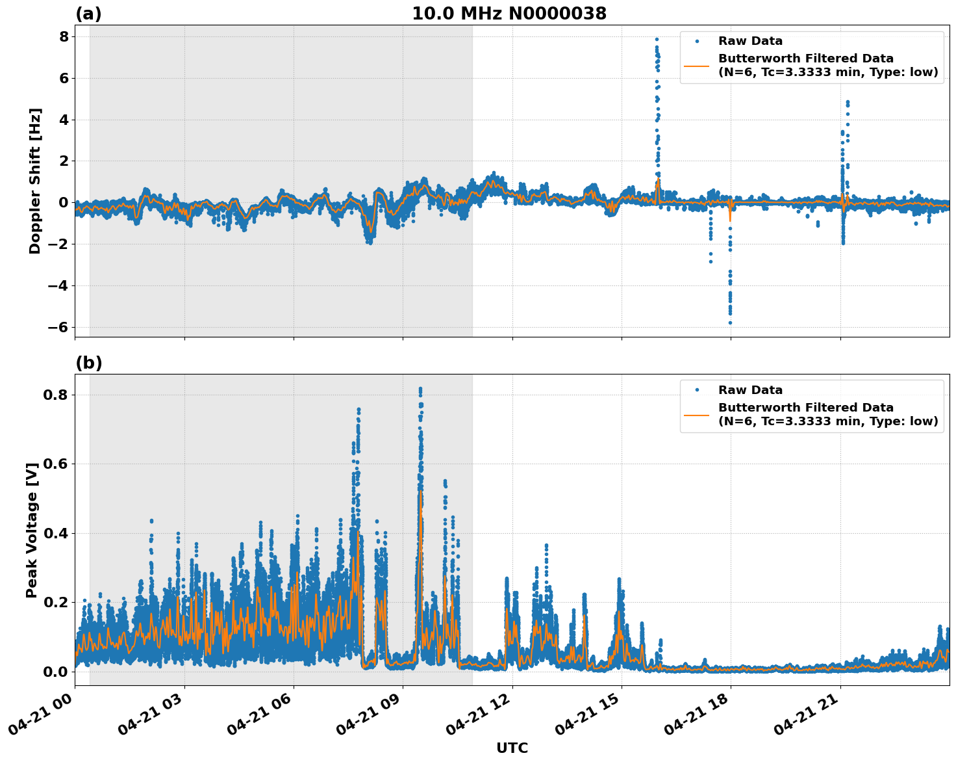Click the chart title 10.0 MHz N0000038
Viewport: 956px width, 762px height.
(509, 14)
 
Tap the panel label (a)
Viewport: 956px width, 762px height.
(88, 14)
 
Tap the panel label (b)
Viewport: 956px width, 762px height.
(88, 363)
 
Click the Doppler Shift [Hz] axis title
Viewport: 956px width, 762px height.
(35, 181)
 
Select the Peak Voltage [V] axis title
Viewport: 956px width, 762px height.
(32, 530)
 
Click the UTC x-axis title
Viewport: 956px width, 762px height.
(512, 748)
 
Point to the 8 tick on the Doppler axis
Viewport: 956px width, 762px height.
(63, 36)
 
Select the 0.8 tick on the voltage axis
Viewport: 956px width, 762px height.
(57, 395)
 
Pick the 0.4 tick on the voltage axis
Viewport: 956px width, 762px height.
(57, 533)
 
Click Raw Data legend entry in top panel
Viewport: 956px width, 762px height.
(750, 41)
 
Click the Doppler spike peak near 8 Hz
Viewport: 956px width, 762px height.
(657, 39)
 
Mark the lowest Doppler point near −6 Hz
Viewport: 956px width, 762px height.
(730, 322)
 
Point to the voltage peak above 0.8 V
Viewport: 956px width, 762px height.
(420, 389)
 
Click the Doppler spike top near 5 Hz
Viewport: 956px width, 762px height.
(848, 102)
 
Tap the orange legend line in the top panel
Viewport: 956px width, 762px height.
(697, 65)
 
